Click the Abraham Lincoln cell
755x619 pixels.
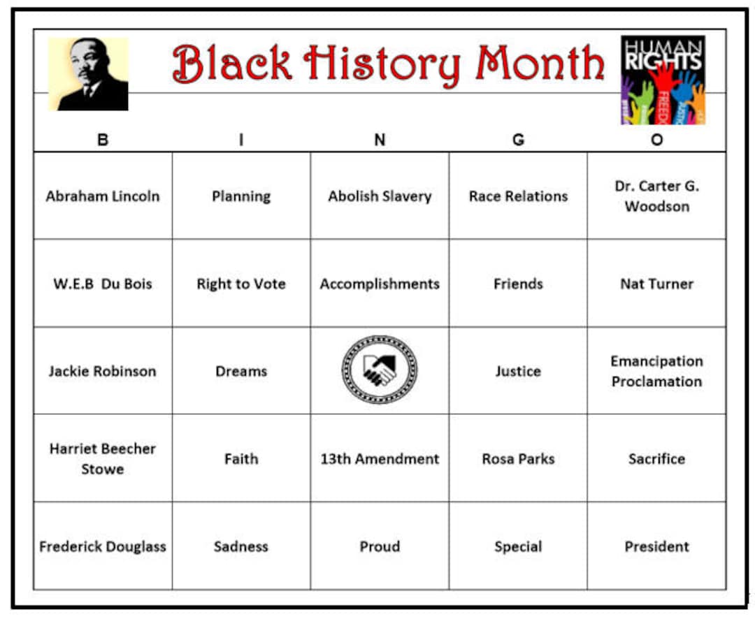point(103,196)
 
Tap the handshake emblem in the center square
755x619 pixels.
point(380,370)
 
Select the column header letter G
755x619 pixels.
point(518,140)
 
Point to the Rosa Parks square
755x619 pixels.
point(518,459)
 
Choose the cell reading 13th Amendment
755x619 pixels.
point(380,459)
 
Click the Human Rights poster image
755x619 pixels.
point(663,80)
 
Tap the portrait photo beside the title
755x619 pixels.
point(88,74)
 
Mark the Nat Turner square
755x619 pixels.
point(656,284)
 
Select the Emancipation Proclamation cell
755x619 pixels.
point(656,371)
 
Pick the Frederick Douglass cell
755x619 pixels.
point(103,546)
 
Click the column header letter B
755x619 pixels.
point(103,140)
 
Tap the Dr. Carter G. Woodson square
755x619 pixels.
point(656,196)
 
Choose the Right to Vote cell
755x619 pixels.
point(241,284)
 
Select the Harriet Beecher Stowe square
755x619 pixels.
point(103,459)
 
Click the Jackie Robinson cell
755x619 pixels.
point(103,371)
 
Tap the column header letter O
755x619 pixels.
point(656,140)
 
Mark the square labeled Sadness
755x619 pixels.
point(241,546)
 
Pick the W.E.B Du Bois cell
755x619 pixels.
point(103,284)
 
